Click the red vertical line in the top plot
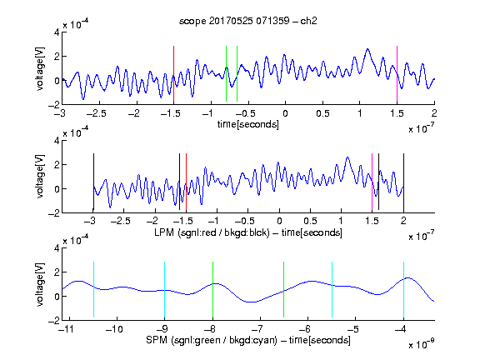pyautogui.click(x=173, y=74)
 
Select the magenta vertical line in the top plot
pyautogui.click(x=397, y=74)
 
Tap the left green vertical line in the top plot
pyautogui.click(x=226, y=74)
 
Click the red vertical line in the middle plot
pyautogui.click(x=186, y=182)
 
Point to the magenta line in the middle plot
pyautogui.click(x=372, y=182)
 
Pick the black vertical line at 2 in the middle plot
pyautogui.click(x=404, y=183)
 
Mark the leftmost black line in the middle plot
pyautogui.click(x=93, y=183)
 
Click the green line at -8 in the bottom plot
pyautogui.click(x=212, y=290)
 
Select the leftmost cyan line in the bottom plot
pyautogui.click(x=93, y=290)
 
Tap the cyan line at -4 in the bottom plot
pyautogui.click(x=404, y=290)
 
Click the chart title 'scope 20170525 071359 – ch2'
pyautogui.click(x=248, y=21)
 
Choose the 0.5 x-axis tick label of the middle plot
pyautogui.click(x=310, y=221)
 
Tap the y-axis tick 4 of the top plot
pyautogui.click(x=57, y=32)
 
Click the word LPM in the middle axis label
pyautogui.click(x=164, y=232)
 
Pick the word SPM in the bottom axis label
pyautogui.click(x=157, y=340)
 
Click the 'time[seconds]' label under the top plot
pyautogui.click(x=248, y=124)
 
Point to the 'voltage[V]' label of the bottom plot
pyautogui.click(x=40, y=284)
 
